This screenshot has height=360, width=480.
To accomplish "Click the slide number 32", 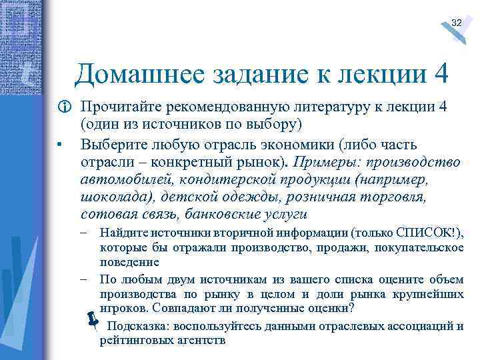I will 456,23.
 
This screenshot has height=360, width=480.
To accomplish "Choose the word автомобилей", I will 125,179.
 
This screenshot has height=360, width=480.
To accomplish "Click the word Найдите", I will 120,233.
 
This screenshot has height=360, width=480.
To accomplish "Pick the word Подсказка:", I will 141,326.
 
